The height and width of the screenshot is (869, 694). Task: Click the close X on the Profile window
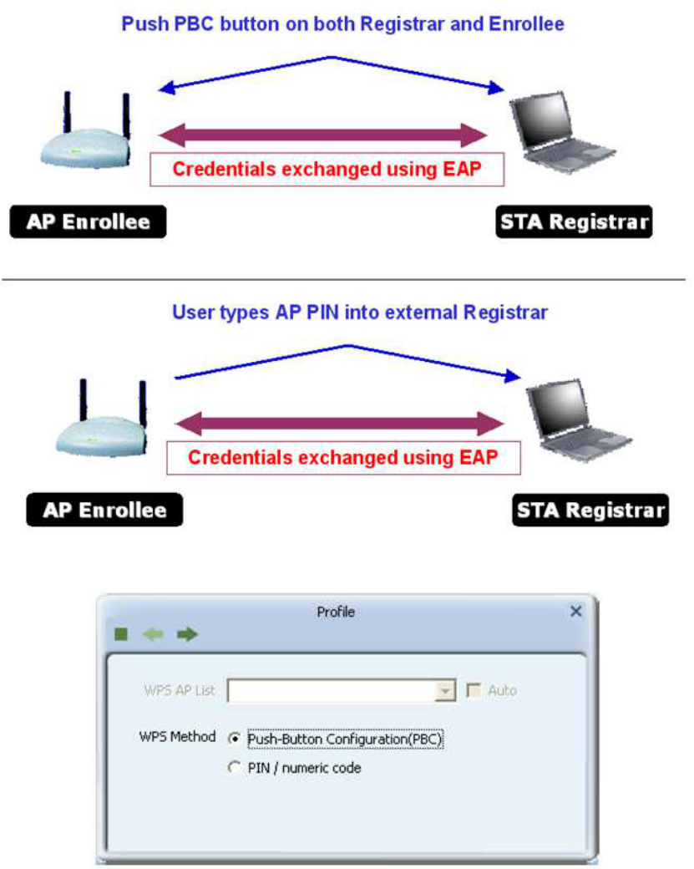click(575, 612)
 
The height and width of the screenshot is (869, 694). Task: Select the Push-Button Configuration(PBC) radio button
click(235, 739)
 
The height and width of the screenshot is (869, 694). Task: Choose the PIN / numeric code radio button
click(235, 767)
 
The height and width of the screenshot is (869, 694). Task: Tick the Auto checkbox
click(474, 690)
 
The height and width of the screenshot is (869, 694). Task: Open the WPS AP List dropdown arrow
click(447, 691)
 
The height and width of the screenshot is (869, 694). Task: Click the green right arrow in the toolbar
click(187, 635)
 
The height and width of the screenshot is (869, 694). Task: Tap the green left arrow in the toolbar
click(153, 635)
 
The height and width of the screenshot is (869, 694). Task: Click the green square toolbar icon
click(122, 635)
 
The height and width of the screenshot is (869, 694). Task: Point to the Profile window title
click(336, 612)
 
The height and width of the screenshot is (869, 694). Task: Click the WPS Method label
click(177, 738)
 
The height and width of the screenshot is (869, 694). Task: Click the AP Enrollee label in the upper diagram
click(88, 221)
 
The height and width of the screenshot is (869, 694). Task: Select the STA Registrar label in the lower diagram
click(590, 510)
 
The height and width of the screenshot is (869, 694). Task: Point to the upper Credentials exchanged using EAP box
click(327, 170)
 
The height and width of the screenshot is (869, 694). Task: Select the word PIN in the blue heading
click(294, 313)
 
